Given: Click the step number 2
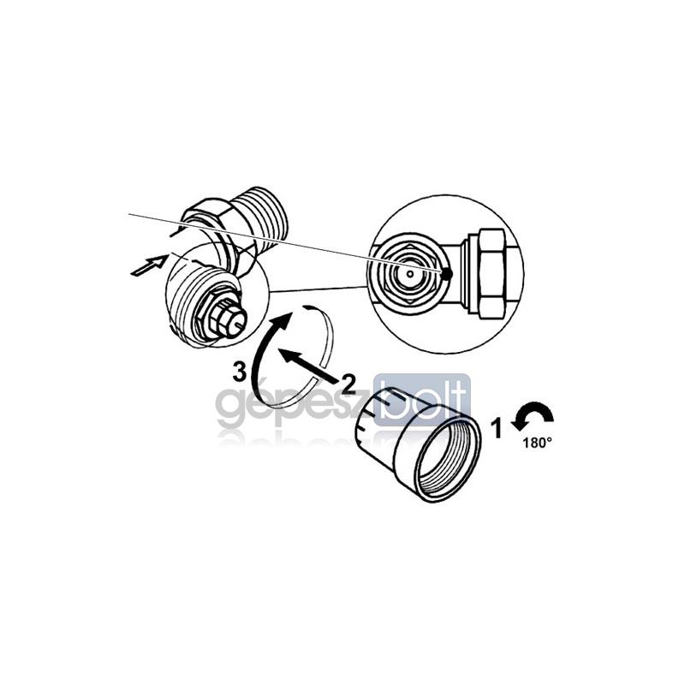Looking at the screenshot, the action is click(x=348, y=384).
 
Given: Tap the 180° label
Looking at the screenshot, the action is click(x=538, y=443).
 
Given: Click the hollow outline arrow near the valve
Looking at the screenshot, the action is click(x=148, y=265).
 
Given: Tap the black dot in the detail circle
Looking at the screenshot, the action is click(x=446, y=274).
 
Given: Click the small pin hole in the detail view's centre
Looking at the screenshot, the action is click(x=410, y=273).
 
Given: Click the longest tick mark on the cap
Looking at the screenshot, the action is click(x=392, y=396).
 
